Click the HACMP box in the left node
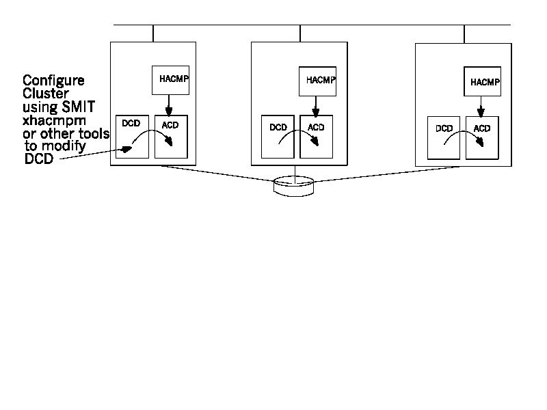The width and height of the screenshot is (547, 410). pos(170,79)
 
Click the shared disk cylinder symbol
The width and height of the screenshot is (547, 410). pos(295,185)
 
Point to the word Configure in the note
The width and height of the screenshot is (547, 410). pos(54,81)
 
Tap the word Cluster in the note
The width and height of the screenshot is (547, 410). pos(45,94)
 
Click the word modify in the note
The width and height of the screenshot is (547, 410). pos(64,147)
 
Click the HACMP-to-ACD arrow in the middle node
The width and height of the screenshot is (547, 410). pos(315,106)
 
